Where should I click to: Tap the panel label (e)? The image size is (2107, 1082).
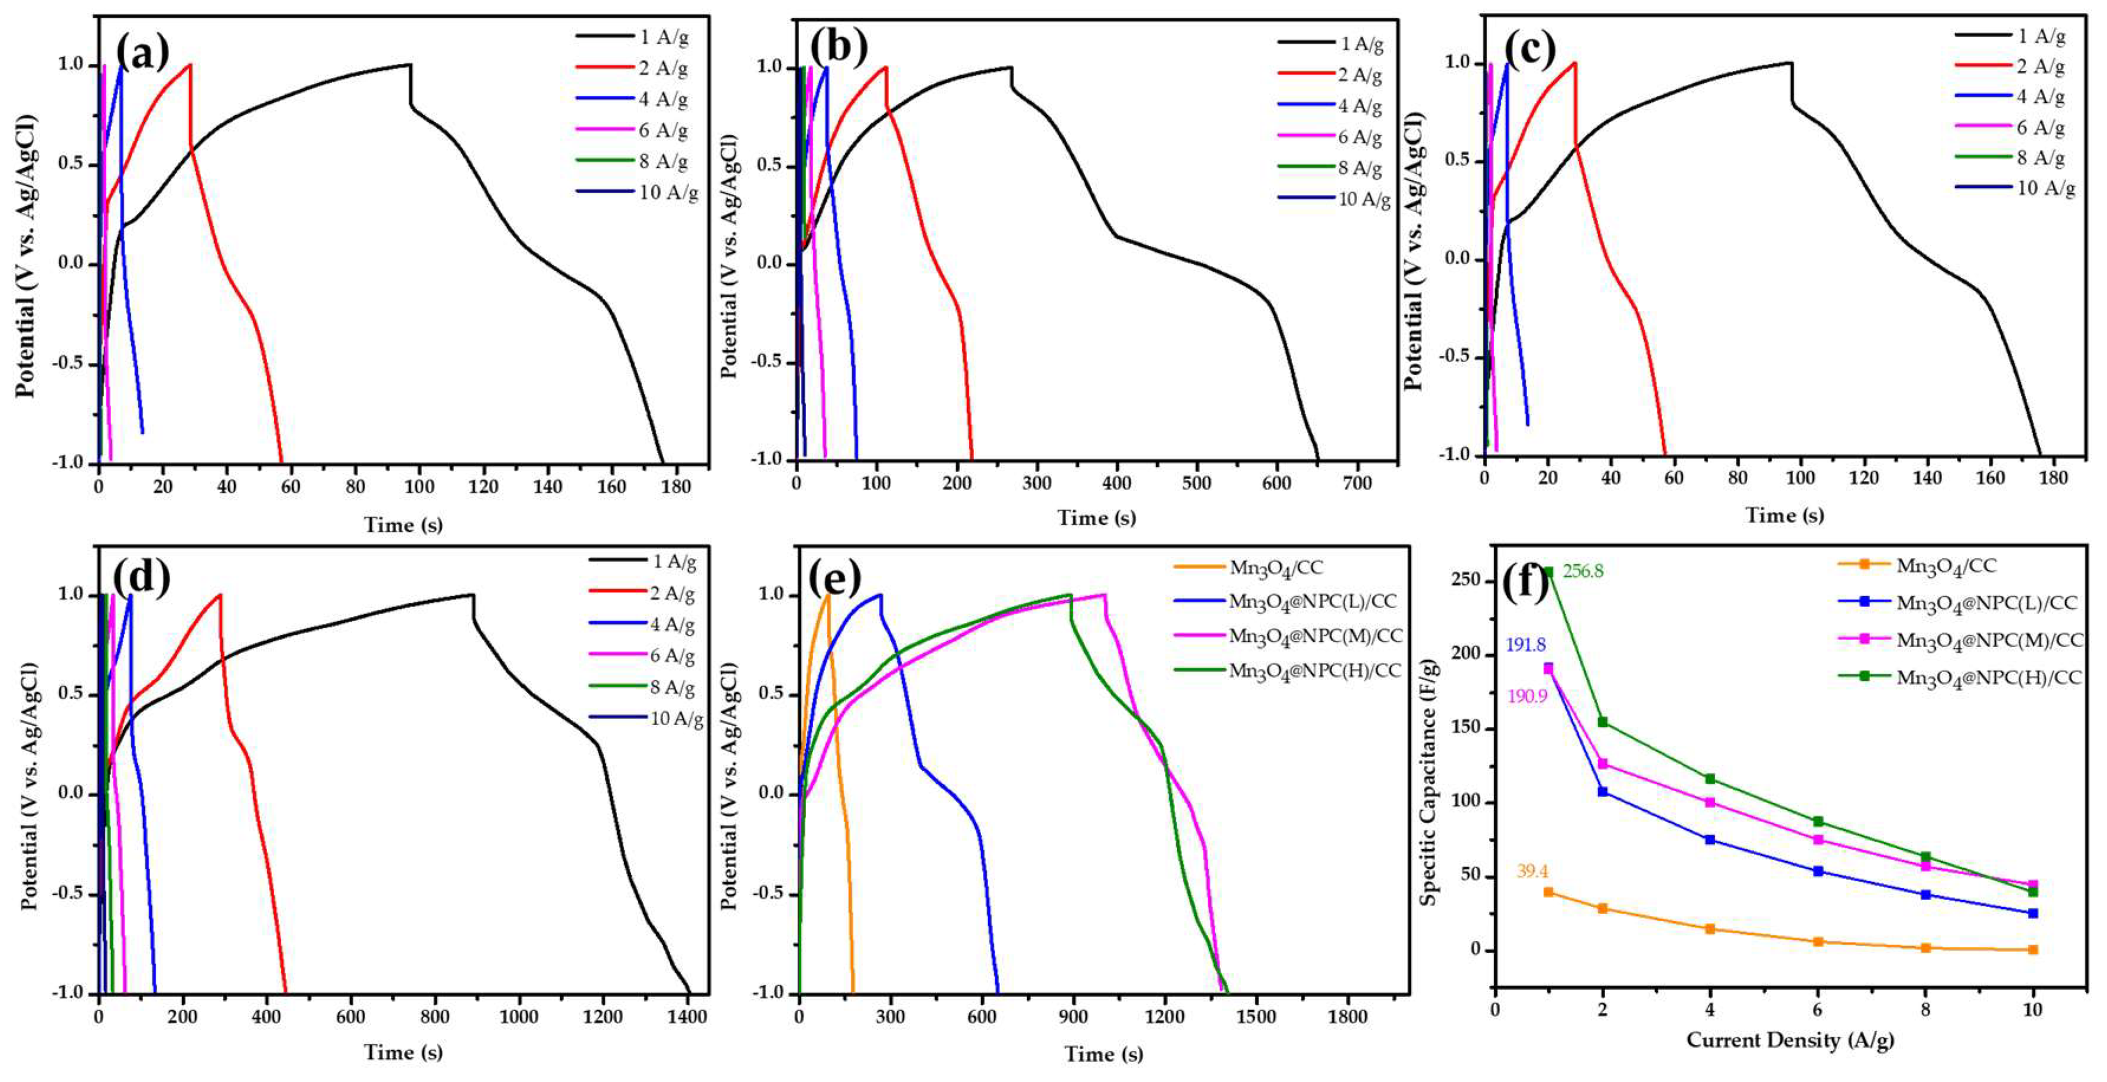click(x=835, y=577)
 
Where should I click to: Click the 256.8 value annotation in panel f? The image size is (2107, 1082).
click(x=1583, y=571)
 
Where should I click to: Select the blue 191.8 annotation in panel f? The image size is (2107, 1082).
click(x=1525, y=645)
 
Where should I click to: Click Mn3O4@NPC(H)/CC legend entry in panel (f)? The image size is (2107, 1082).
click(x=1988, y=678)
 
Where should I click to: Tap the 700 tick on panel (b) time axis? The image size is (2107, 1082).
click(x=1358, y=483)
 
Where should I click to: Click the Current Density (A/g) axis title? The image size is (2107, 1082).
click(x=1790, y=1040)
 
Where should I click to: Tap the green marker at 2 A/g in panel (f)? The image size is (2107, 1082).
click(x=1602, y=722)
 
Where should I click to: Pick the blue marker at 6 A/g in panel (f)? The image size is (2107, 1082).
click(x=1818, y=871)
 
